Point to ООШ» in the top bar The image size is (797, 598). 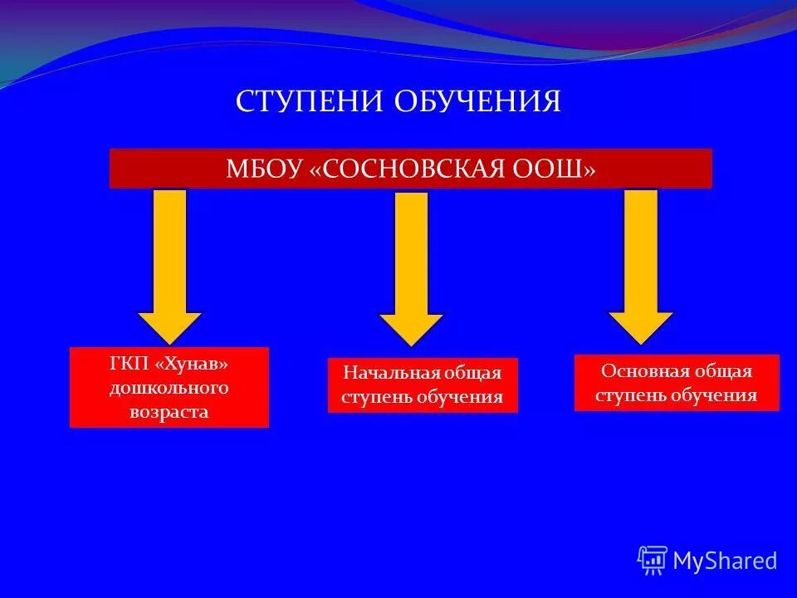[x=565, y=169]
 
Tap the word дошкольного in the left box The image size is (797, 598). [x=169, y=388]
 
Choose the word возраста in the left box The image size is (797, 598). [x=169, y=410]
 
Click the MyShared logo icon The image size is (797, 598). [x=653, y=561]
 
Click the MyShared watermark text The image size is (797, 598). [x=725, y=561]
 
